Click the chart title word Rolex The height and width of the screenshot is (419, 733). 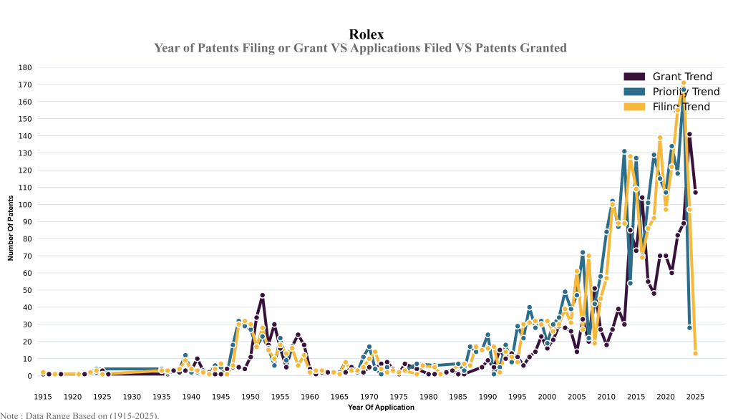[366, 34]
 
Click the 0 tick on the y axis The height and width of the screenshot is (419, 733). [29, 376]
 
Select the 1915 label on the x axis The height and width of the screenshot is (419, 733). [43, 396]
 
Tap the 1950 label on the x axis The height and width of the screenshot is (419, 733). [251, 396]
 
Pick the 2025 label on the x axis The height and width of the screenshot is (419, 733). [695, 396]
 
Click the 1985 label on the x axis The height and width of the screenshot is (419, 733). [458, 396]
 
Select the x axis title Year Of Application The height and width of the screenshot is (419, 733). [381, 408]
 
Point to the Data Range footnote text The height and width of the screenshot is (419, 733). [79, 415]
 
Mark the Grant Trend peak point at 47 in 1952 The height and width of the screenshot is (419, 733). [263, 295]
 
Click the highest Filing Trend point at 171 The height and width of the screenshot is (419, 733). [684, 83]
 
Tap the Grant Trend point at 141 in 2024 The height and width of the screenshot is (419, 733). [689, 134]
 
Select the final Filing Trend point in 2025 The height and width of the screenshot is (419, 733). [695, 353]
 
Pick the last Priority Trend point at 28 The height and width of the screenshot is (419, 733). [689, 327]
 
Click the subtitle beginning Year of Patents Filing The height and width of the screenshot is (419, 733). [360, 48]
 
